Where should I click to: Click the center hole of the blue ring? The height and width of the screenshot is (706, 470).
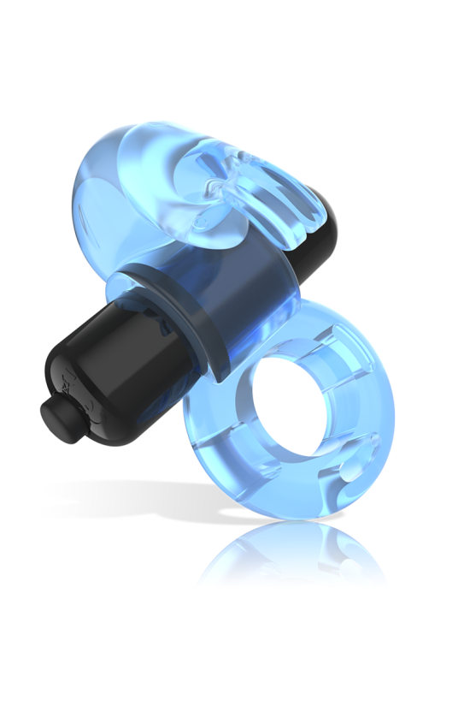point(286,402)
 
